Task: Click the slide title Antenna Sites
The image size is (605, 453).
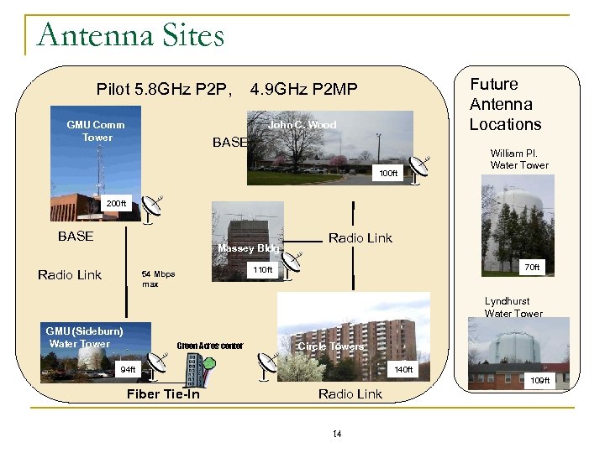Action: pyautogui.click(x=131, y=36)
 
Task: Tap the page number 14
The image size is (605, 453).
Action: pyautogui.click(x=337, y=434)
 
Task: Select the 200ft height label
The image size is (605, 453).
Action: pyautogui.click(x=116, y=204)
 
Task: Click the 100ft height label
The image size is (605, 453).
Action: pyautogui.click(x=388, y=174)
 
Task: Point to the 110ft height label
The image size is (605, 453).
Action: pyautogui.click(x=263, y=270)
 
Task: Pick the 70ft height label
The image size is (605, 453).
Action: pyautogui.click(x=532, y=268)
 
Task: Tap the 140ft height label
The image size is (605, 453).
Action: pyautogui.click(x=404, y=370)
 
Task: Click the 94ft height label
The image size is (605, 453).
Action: pyautogui.click(x=128, y=370)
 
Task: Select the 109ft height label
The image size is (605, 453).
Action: pyautogui.click(x=539, y=381)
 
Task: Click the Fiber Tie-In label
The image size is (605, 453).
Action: pyautogui.click(x=163, y=394)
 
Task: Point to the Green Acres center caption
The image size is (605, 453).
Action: pyautogui.click(x=210, y=346)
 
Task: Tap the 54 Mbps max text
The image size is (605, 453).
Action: pyautogui.click(x=158, y=279)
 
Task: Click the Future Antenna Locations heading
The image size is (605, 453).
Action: pyautogui.click(x=505, y=104)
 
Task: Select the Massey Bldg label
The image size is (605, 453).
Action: pyautogui.click(x=248, y=248)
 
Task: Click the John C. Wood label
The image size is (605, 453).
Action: pyautogui.click(x=302, y=125)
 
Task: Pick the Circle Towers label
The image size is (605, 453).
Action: pyautogui.click(x=331, y=346)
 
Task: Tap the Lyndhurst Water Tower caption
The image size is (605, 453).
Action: pyautogui.click(x=513, y=307)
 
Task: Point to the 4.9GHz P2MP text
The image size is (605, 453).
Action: pyautogui.click(x=304, y=90)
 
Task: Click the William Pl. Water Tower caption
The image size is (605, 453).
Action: pyautogui.click(x=519, y=159)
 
